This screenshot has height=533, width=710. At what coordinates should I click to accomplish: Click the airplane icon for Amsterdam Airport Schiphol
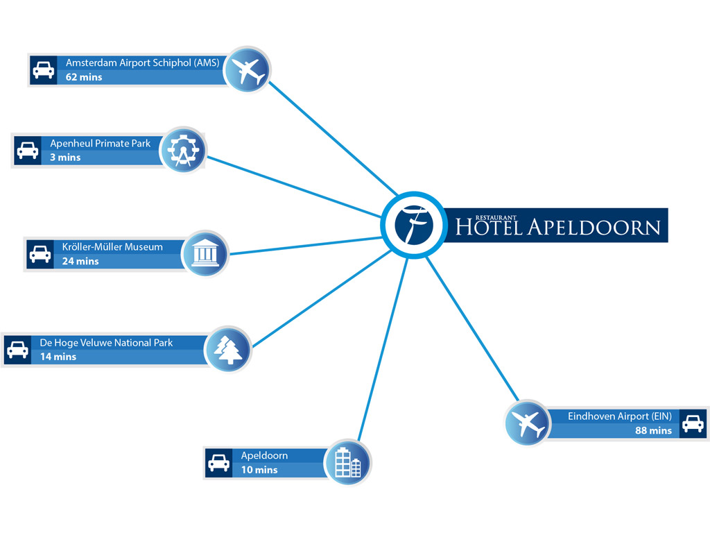pyautogui.click(x=248, y=70)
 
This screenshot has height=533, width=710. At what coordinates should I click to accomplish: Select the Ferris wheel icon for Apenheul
pyautogui.click(x=183, y=150)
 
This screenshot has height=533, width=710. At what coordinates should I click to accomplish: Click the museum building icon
pyautogui.click(x=205, y=253)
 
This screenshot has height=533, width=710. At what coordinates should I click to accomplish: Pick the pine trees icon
pyautogui.click(x=227, y=349)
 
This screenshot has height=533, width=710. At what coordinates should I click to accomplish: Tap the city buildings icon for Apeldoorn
pyautogui.click(x=348, y=462)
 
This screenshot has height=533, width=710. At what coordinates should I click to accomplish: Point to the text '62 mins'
pyautogui.click(x=84, y=77)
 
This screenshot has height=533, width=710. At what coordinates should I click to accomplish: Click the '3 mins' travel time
pyautogui.click(x=65, y=158)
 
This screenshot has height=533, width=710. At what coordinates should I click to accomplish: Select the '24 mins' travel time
pyautogui.click(x=80, y=261)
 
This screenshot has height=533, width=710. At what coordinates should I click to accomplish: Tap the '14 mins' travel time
pyautogui.click(x=58, y=357)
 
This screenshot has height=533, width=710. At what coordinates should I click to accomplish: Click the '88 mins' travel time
pyautogui.click(x=653, y=430)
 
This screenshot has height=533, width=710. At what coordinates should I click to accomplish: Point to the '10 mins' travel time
pyautogui.click(x=259, y=470)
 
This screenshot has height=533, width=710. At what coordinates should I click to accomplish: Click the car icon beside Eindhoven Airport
pyautogui.click(x=693, y=424)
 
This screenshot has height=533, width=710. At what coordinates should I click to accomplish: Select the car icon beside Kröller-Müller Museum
pyautogui.click(x=40, y=254)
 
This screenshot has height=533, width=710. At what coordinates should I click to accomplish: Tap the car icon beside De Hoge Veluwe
pyautogui.click(x=17, y=350)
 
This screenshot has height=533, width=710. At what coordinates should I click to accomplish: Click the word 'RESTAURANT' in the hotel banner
pyautogui.click(x=496, y=217)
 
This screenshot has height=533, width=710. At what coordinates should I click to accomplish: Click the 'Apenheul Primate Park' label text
pyautogui.click(x=100, y=144)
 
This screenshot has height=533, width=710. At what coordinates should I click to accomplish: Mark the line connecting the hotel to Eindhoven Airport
pyautogui.click(x=473, y=330)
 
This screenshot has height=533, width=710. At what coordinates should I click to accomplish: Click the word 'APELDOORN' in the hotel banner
pyautogui.click(x=594, y=227)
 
